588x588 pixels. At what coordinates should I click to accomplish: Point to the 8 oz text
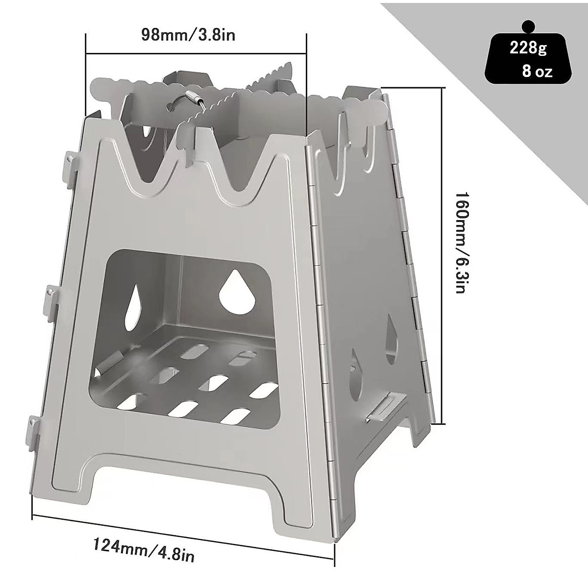pyautogui.click(x=537, y=72)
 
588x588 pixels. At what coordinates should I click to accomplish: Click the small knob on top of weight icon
pyautogui.click(x=527, y=12)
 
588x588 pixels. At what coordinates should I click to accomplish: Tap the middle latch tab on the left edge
pyautogui.click(x=51, y=298)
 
